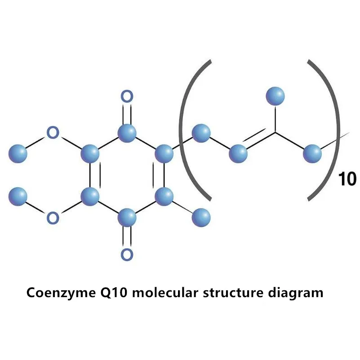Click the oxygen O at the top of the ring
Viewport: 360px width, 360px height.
coord(127,96)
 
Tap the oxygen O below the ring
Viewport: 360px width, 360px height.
coord(127,254)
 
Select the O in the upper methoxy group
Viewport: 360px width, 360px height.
coord(53,133)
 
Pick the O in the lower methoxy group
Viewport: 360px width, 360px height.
coord(53,218)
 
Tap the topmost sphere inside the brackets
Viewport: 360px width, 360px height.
coord(275,95)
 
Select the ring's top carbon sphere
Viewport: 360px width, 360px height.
coord(127,132)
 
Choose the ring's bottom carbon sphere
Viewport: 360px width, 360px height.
coord(127,218)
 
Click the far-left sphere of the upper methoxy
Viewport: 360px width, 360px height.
coord(18,153)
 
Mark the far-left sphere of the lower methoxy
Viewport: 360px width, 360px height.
coord(18,196)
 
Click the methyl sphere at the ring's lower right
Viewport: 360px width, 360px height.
coord(201,218)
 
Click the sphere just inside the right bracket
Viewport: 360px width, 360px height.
coord(312,153)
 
